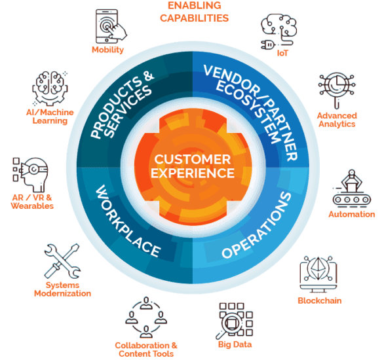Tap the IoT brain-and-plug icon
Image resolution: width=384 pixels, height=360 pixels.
(x=277, y=29)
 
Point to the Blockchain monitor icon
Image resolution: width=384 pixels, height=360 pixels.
(x=319, y=275)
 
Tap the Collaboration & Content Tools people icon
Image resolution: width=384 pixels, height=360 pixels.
(x=145, y=317)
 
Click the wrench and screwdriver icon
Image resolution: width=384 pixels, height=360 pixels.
(x=62, y=261)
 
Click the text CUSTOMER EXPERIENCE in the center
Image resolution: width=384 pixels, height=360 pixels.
(x=191, y=167)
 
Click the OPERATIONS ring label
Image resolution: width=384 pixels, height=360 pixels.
(x=256, y=226)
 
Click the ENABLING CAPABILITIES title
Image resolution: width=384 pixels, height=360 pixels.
(x=194, y=12)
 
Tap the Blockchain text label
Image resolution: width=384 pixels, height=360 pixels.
(x=319, y=300)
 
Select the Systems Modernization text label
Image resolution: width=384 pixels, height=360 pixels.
(x=62, y=289)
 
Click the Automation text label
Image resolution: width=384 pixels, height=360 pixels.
(x=353, y=214)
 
